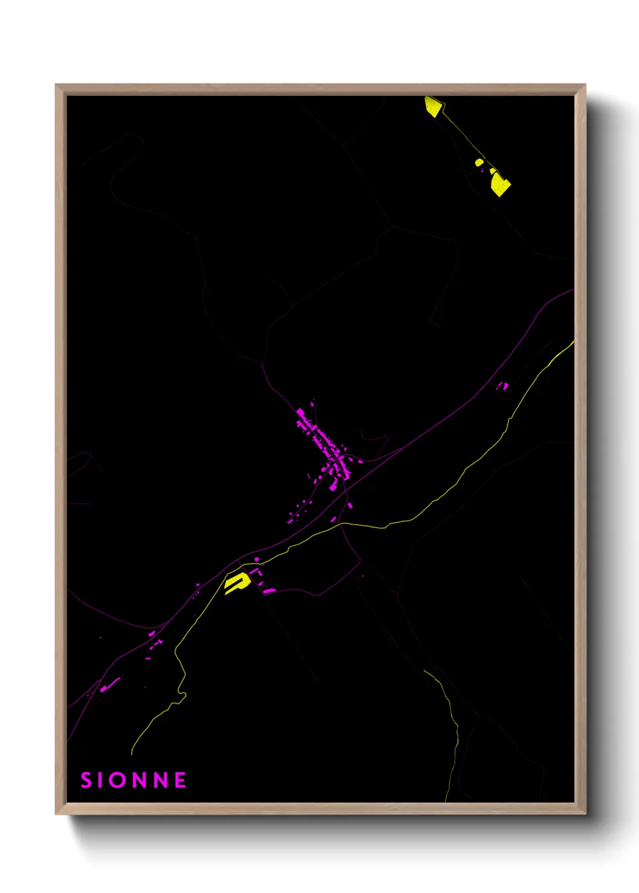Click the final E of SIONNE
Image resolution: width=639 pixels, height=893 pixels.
tap(180, 780)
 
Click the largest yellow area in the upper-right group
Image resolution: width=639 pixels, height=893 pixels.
tap(500, 183)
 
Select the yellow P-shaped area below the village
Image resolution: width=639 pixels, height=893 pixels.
tap(236, 583)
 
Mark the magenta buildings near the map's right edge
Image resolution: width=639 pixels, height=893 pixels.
tap(504, 385)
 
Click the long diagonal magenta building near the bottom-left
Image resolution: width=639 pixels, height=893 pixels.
tap(110, 685)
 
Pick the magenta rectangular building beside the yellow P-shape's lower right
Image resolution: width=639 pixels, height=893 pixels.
tap(268, 591)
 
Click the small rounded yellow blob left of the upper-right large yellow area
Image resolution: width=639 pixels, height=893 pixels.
tap(479, 162)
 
